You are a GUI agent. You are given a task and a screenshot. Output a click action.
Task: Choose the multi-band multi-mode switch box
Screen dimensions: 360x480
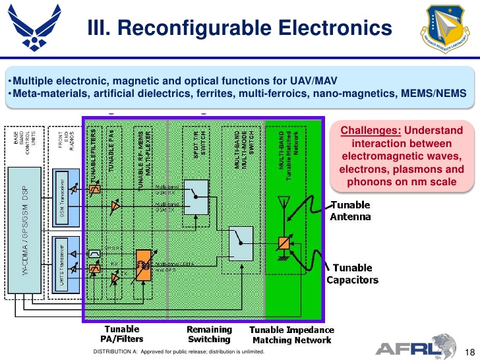coord(242,242)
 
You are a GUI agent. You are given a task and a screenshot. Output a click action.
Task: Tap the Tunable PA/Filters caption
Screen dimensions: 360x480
coord(122,334)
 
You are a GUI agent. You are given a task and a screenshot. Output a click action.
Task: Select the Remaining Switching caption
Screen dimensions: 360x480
coord(209,334)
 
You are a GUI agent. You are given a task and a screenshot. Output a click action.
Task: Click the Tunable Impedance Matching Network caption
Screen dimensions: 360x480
coord(291,334)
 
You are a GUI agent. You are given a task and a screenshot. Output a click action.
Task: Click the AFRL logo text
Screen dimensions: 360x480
coord(407,347)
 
